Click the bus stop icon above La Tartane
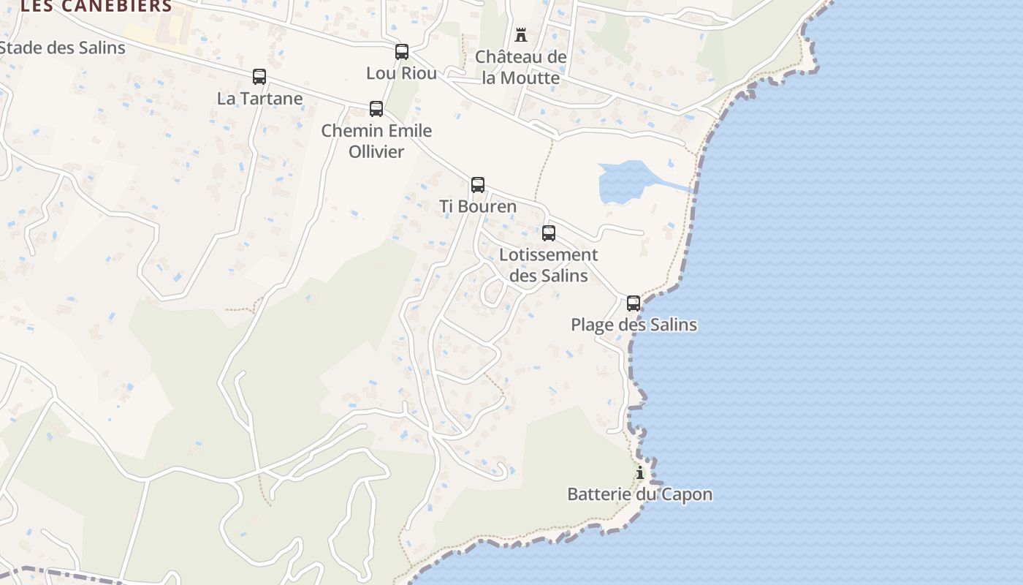click(x=259, y=77)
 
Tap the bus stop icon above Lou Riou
click(x=402, y=52)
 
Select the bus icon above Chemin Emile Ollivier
click(x=376, y=109)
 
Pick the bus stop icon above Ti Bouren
click(x=478, y=185)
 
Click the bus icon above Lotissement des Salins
click(x=549, y=233)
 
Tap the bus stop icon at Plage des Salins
click(x=634, y=303)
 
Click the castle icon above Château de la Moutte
click(x=521, y=35)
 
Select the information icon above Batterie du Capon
click(x=640, y=473)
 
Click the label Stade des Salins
click(x=63, y=48)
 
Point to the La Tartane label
click(x=259, y=98)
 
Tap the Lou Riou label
click(x=402, y=73)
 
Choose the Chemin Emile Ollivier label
click(x=376, y=141)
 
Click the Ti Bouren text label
click(x=478, y=206)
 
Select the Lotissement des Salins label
click(x=549, y=265)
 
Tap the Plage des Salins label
click(x=634, y=325)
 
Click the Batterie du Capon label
click(x=640, y=494)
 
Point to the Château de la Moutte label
click(x=521, y=67)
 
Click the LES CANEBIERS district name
click(x=97, y=7)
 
